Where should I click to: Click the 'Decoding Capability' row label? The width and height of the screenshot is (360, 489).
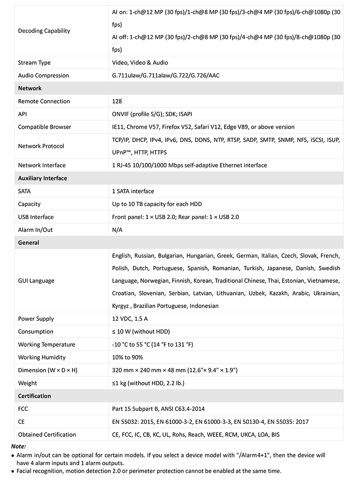tap(44, 31)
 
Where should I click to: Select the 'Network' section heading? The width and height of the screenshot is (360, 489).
tap(30, 89)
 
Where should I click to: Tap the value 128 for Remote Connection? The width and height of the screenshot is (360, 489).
tap(117, 101)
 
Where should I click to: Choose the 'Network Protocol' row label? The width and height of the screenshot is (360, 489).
tap(41, 146)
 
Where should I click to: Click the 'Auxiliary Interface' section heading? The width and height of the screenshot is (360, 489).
tap(42, 179)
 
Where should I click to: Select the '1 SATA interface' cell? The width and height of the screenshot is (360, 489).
tap(133, 191)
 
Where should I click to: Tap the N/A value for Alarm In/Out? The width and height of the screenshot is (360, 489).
tap(117, 230)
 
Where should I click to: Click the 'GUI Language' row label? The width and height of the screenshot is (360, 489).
tap(36, 281)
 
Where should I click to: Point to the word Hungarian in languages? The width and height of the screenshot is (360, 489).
tap(200, 256)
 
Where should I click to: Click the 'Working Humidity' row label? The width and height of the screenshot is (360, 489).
tap(42, 358)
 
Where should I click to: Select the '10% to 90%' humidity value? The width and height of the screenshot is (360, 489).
tap(127, 358)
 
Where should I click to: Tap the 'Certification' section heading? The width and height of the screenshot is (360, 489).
tap(35, 396)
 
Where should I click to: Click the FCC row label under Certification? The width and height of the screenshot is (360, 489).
tap(23, 409)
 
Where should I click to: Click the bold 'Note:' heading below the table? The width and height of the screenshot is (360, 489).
tap(18, 447)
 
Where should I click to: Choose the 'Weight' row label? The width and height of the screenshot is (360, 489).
tap(27, 383)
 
